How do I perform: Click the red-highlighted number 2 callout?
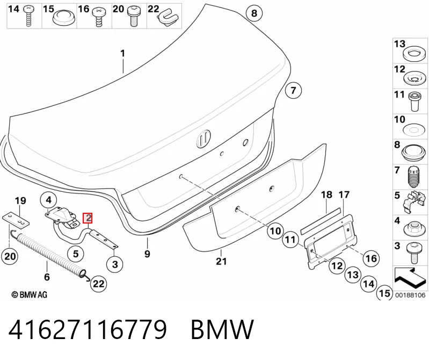[88, 218]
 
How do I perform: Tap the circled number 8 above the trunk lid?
[254, 13]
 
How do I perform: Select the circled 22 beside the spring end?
[98, 283]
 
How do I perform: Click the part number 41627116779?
[88, 329]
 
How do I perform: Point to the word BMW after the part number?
[222, 329]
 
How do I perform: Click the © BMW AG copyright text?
[30, 294]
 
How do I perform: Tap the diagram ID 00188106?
[410, 295]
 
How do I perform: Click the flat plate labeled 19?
[16, 220]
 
